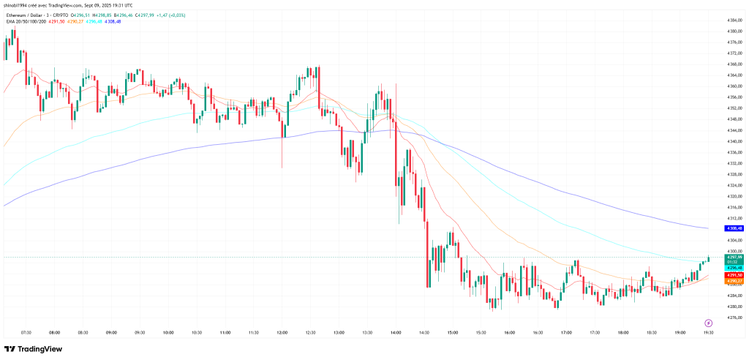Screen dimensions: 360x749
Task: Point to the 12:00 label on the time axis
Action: pyautogui.click(x=282, y=332)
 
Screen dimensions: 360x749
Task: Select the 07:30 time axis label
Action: pyautogui.click(x=26, y=332)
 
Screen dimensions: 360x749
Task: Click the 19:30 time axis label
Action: pyautogui.click(x=708, y=332)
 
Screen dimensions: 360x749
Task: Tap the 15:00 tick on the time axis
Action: pyautogui.click(x=453, y=332)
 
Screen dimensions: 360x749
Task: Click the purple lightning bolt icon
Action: pyautogui.click(x=708, y=322)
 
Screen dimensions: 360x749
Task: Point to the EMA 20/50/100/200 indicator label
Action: pyautogui.click(x=27, y=21)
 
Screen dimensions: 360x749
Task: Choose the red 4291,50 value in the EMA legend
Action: pyautogui.click(x=61, y=21)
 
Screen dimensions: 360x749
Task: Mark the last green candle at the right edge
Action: pyautogui.click(x=709, y=259)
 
